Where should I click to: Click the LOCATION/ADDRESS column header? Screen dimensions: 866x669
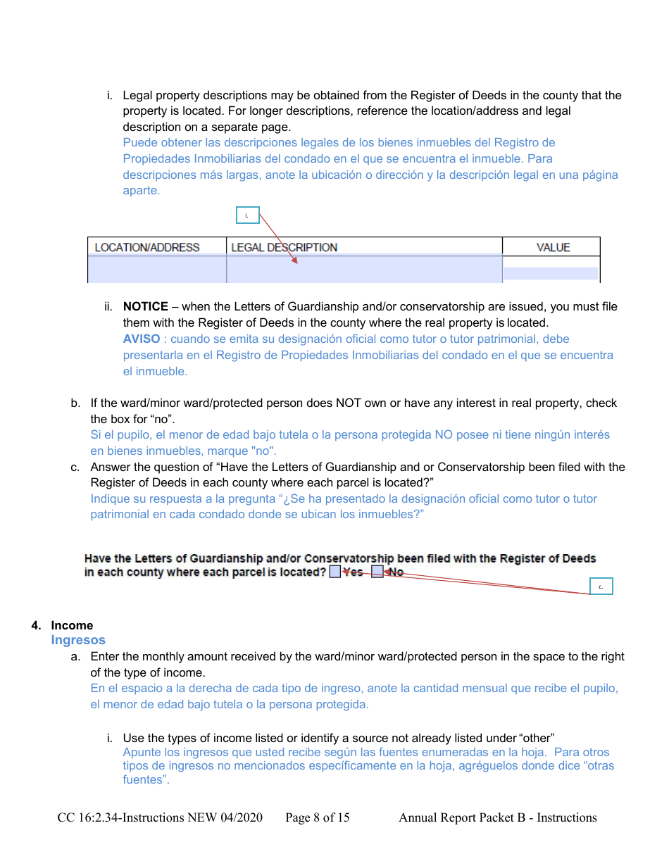(147, 247)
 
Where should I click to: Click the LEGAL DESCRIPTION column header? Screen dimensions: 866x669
(284, 247)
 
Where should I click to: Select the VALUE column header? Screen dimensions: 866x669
(553, 247)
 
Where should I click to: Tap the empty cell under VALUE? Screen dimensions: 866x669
(551, 272)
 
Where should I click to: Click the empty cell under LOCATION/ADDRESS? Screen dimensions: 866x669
(156, 270)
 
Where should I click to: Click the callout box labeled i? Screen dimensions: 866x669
(247, 215)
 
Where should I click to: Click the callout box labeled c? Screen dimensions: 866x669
(601, 586)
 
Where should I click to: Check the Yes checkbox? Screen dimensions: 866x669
(335, 572)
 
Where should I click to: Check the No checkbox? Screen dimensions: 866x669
(377, 572)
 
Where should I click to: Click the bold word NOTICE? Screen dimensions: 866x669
(145, 307)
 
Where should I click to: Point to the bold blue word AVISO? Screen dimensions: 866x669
(141, 339)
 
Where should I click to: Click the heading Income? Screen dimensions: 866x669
(72, 625)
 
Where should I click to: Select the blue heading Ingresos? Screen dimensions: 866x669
(78, 640)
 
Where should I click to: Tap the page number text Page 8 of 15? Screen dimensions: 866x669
(317, 817)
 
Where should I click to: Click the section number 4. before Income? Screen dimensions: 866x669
(36, 625)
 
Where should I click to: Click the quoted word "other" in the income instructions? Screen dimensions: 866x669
(537, 738)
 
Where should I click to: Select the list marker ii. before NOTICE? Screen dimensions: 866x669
(108, 307)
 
